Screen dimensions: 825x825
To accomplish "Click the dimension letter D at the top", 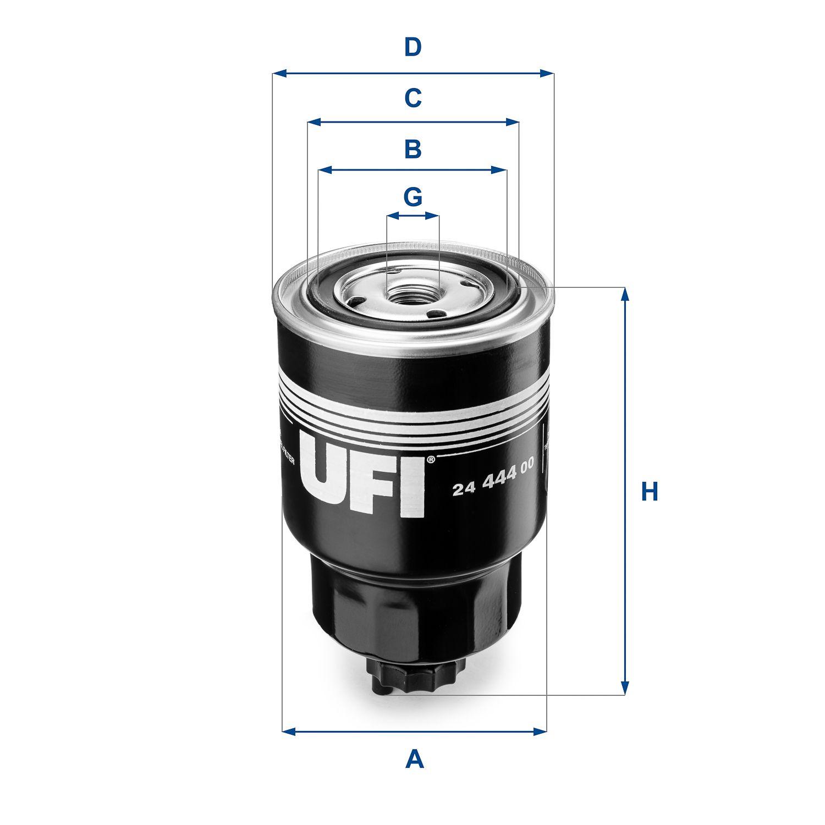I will [413, 48].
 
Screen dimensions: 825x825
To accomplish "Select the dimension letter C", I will [413, 98].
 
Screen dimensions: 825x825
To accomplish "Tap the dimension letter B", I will [413, 149].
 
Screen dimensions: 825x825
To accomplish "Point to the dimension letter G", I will [413, 196].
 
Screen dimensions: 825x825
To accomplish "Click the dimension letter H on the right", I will [650, 491].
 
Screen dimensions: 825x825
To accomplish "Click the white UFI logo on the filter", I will [363, 476].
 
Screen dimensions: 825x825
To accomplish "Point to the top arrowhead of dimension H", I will [625, 294].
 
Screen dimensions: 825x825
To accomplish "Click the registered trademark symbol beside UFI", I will [431, 459].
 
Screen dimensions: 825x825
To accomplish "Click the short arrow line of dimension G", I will [413, 217].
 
